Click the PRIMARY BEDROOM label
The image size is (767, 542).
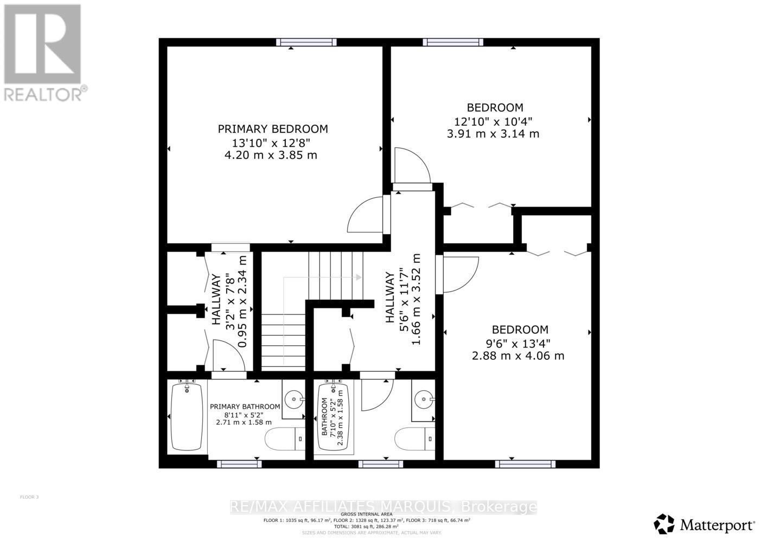click(x=273, y=129)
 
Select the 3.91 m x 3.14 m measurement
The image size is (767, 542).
click(x=493, y=133)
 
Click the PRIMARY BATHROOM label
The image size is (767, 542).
click(x=245, y=406)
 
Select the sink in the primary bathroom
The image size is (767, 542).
click(x=295, y=400)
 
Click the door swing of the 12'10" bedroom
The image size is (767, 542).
click(x=411, y=166)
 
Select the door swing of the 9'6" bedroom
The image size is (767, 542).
click(x=460, y=274)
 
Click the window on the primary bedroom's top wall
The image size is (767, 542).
click(x=306, y=42)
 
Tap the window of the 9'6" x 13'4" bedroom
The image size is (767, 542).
click(x=525, y=464)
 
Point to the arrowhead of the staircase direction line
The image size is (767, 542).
click(x=359, y=277)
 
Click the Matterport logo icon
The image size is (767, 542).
click(x=664, y=524)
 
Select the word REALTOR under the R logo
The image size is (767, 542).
click(x=43, y=93)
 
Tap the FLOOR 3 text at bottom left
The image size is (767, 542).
click(x=29, y=497)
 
